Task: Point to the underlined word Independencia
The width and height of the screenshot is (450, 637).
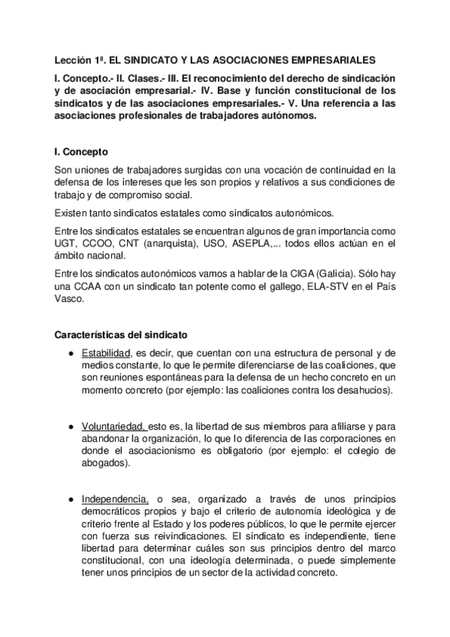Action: point(115,499)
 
